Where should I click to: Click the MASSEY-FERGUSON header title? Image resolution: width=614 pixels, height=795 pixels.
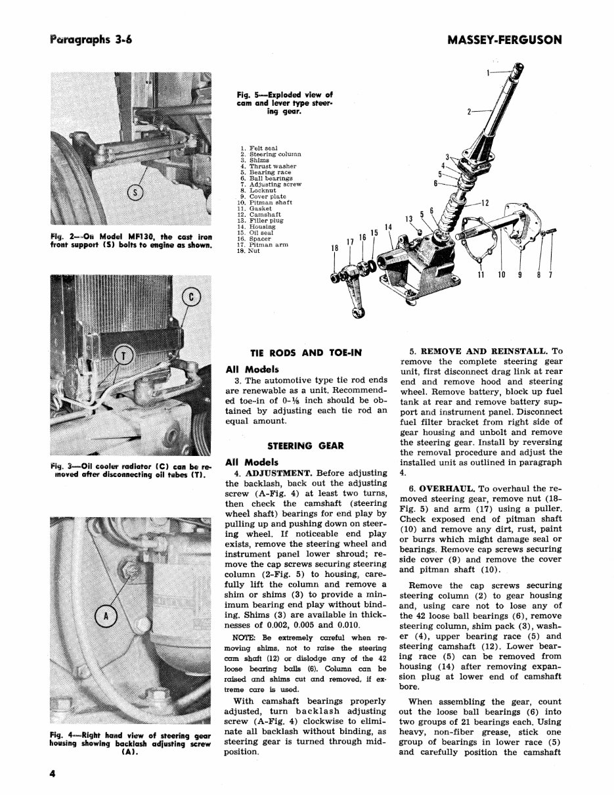coord(504,39)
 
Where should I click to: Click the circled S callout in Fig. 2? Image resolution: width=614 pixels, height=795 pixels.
coord(135,193)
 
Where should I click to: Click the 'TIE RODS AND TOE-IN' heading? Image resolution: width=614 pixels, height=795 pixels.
coord(306,353)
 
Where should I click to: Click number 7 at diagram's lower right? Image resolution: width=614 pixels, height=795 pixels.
coord(550,275)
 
